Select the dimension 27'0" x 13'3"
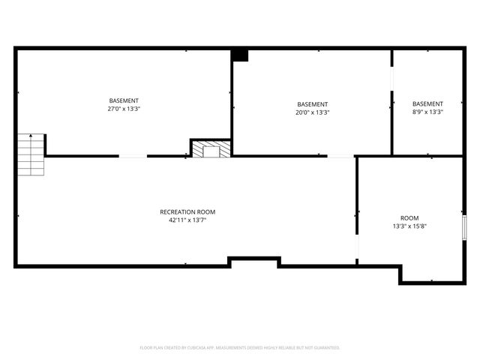[x=124, y=109]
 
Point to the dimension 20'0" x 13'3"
[x=312, y=112]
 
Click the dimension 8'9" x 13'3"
[x=427, y=112]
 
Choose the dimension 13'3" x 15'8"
[x=409, y=226]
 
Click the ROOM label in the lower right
[x=409, y=217]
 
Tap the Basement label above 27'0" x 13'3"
[x=124, y=100]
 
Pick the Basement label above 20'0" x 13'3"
[x=312, y=104]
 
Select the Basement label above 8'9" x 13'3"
[x=427, y=103]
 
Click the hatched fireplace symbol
[x=204, y=149]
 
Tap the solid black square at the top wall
[x=239, y=55]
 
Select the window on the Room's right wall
[x=465, y=226]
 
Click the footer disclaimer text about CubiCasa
[x=240, y=348]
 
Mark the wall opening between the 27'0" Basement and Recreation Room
[x=133, y=156]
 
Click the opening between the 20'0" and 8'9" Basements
[x=391, y=79]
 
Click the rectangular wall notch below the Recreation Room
[x=254, y=261]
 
